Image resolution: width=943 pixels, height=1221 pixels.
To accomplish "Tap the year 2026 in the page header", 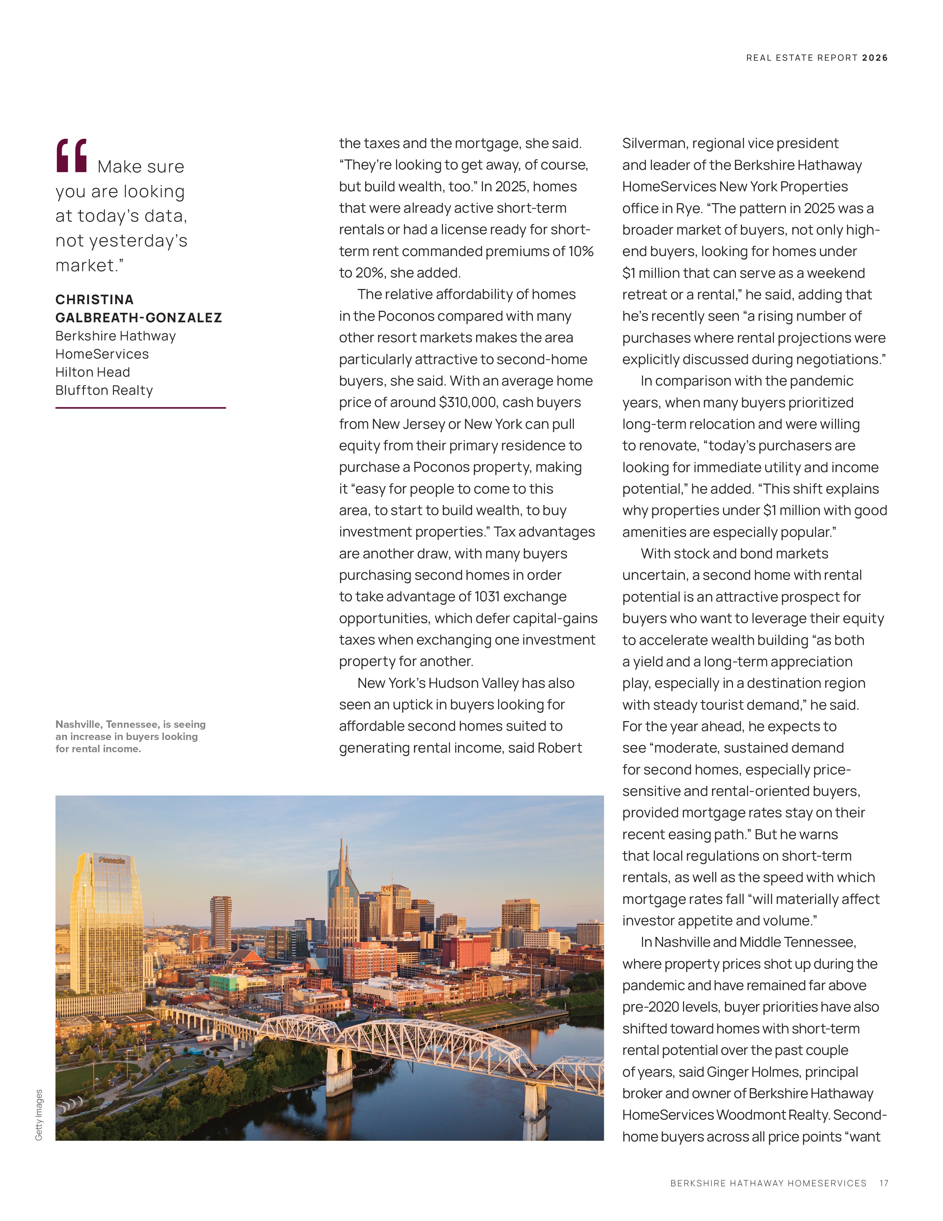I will tap(875, 58).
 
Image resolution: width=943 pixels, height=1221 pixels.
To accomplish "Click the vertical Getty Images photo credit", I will tap(38, 1115).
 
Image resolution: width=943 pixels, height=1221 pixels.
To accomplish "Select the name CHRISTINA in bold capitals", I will tap(94, 300).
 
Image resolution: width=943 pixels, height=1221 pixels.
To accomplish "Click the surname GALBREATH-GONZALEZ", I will tap(139, 317).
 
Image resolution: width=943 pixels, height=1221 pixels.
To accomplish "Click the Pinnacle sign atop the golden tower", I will tap(112, 860).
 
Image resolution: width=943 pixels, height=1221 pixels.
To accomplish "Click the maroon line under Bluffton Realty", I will tap(140, 408).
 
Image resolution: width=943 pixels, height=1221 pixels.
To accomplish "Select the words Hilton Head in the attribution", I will tap(93, 372).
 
